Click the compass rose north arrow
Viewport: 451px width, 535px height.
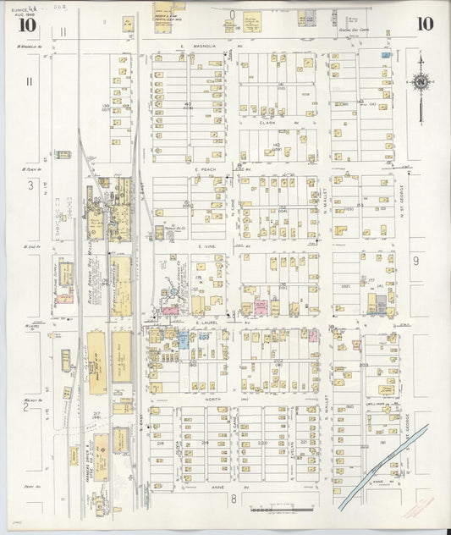(x=421, y=82)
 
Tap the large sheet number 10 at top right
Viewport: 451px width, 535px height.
(x=426, y=23)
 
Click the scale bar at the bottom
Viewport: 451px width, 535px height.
(x=280, y=510)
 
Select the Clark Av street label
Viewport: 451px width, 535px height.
(x=268, y=123)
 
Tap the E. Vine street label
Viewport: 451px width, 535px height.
(x=207, y=245)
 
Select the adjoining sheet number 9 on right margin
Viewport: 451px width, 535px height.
(x=415, y=262)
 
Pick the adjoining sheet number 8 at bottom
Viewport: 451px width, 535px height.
(x=233, y=500)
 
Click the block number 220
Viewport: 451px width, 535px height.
(x=262, y=443)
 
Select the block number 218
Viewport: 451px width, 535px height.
(x=160, y=443)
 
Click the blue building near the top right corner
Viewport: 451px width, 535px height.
(x=386, y=55)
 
